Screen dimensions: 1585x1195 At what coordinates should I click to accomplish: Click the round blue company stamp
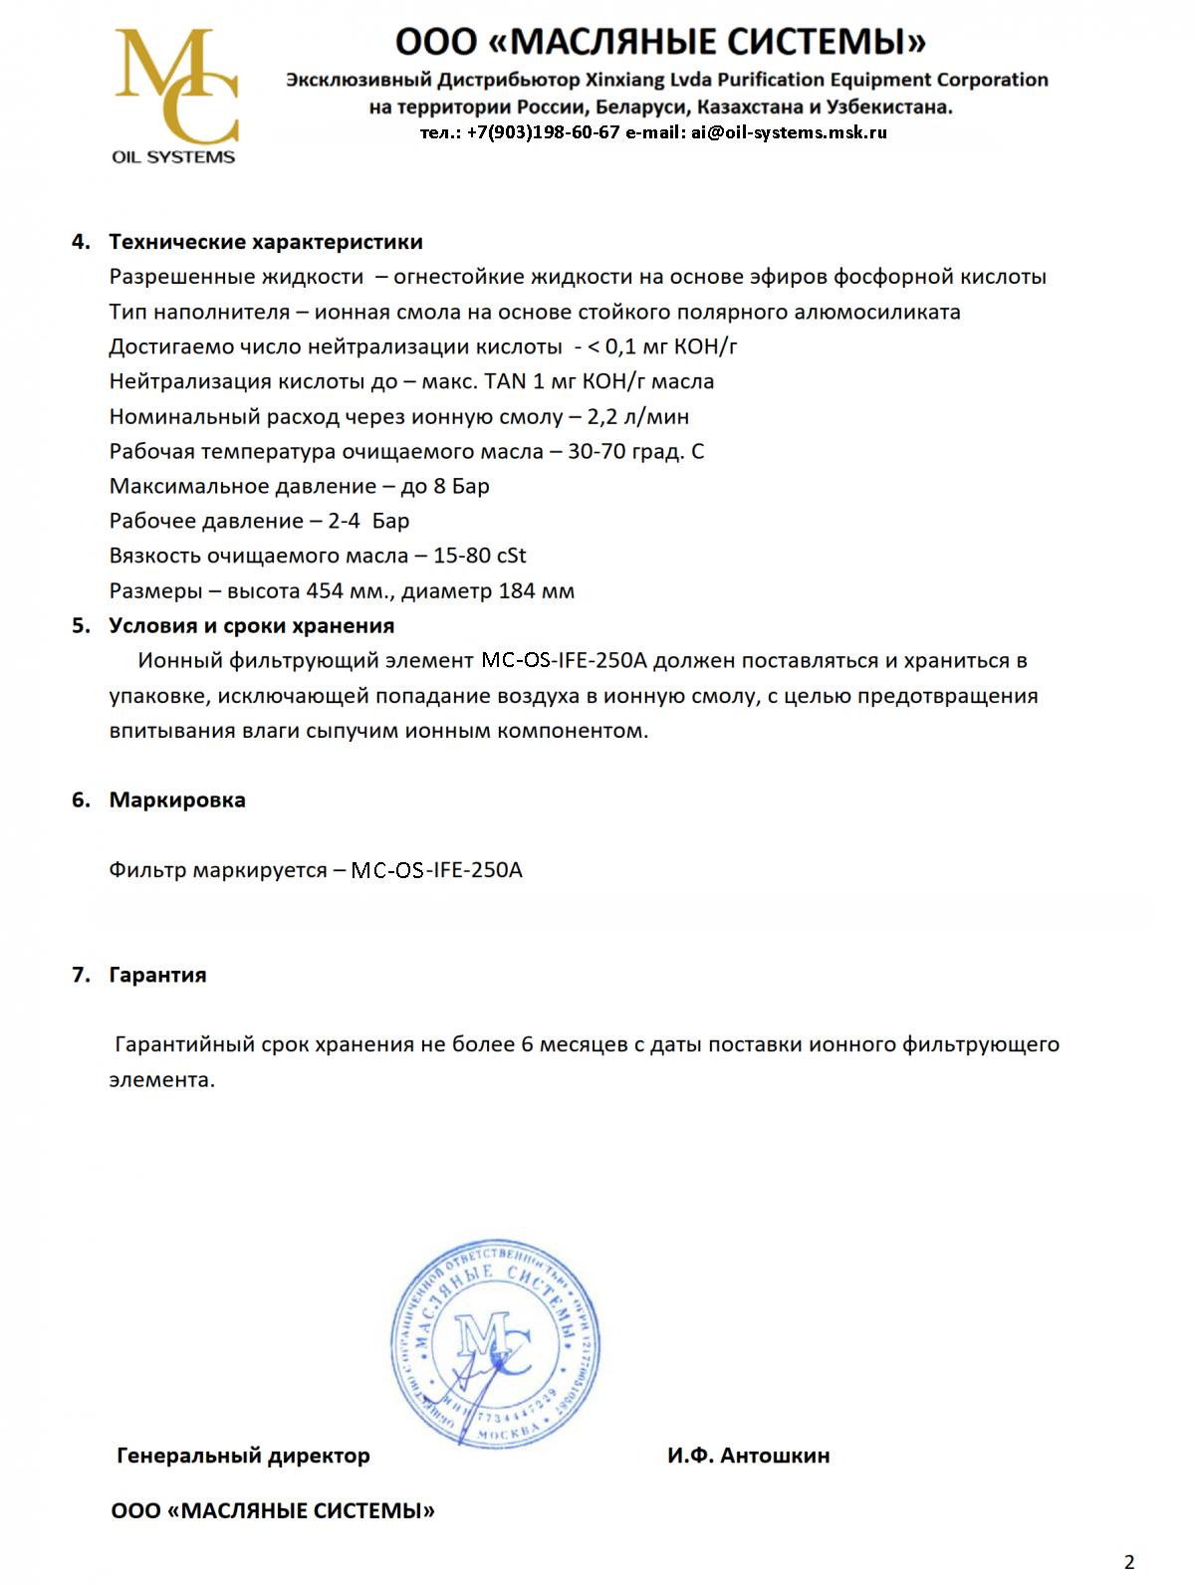(495, 1344)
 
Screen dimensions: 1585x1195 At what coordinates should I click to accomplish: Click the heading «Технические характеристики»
(266, 242)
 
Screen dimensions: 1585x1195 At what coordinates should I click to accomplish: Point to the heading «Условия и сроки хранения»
(252, 626)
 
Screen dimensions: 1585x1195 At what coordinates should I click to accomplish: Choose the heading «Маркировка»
(177, 800)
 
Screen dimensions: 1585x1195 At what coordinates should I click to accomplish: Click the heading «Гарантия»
(158, 976)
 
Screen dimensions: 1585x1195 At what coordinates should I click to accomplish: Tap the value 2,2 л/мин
(638, 417)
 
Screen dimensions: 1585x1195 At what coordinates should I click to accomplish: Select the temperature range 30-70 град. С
(636, 452)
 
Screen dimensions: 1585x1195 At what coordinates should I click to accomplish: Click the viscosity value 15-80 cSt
(480, 557)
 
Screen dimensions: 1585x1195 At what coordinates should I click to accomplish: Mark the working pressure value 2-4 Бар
(369, 522)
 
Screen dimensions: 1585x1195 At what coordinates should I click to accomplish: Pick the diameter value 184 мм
(537, 591)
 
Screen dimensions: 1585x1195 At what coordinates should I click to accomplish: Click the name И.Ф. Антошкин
(749, 1457)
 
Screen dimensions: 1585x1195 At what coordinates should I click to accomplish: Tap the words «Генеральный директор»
(244, 1457)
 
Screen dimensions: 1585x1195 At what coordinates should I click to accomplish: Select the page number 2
(1129, 1562)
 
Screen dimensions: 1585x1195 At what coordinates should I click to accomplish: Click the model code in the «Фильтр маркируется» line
(437, 871)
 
